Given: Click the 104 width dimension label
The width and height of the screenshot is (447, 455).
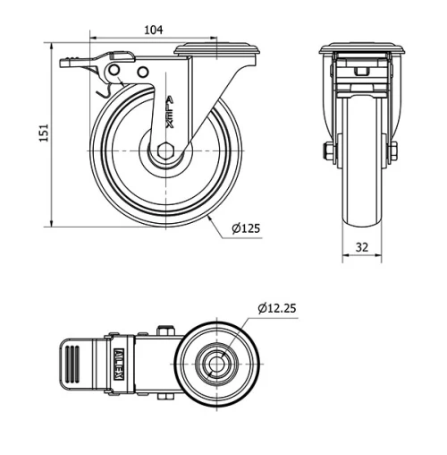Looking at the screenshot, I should click(x=153, y=30).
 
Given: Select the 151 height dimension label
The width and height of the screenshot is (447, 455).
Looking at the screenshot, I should click(x=38, y=133).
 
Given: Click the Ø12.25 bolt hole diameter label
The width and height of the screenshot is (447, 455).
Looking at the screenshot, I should click(x=276, y=308).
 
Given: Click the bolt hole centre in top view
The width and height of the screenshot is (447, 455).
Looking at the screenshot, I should click(x=217, y=365).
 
